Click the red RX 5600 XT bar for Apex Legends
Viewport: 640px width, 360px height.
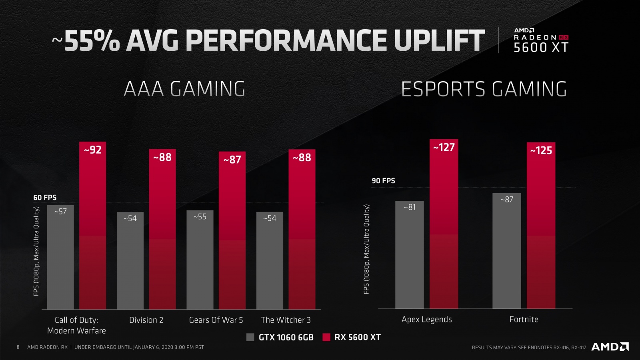pos(444,232)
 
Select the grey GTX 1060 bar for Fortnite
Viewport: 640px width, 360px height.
pos(506,256)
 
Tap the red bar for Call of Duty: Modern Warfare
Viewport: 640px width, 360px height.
pos(92,232)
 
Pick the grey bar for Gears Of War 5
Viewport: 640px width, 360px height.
pos(200,264)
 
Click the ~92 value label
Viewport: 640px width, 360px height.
pos(92,150)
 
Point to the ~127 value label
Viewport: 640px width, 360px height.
pos(444,148)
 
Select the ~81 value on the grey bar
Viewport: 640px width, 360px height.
pos(409,207)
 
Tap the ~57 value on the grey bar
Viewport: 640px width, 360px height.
pos(60,212)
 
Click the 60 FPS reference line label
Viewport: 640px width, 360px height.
pos(45,198)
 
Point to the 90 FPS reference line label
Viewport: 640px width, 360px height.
pos(383,181)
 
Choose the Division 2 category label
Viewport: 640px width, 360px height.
pos(146,320)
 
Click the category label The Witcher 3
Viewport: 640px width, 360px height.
pos(286,320)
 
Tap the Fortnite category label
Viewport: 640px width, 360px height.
pos(524,319)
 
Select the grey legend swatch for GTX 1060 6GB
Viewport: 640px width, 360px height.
pos(250,337)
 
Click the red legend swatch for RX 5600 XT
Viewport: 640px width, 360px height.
pos(326,337)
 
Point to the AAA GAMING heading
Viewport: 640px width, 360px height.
pos(184,89)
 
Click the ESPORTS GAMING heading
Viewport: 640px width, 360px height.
pos(484,89)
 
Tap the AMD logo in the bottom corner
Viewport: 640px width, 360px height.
pos(610,346)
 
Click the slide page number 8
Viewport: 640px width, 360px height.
pos(18,347)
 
